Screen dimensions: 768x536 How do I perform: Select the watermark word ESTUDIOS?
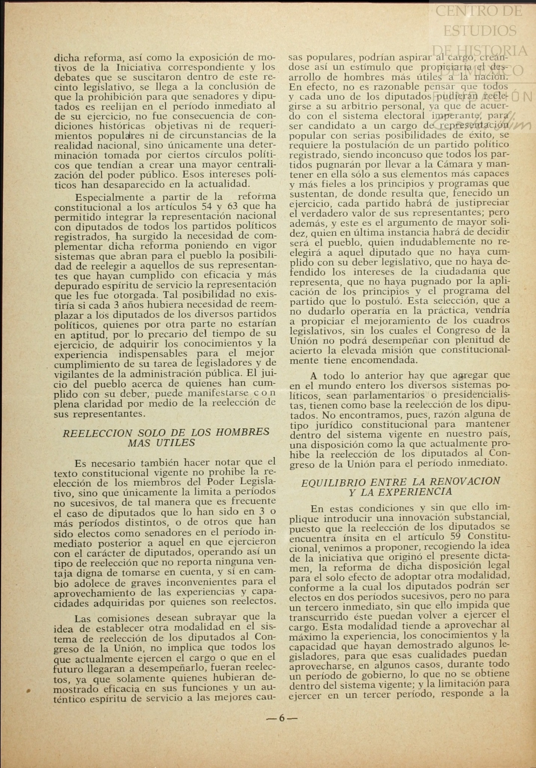point(480,31)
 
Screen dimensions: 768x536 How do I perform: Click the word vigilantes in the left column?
point(77,374)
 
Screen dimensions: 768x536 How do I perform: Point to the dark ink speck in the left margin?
point(28,690)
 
